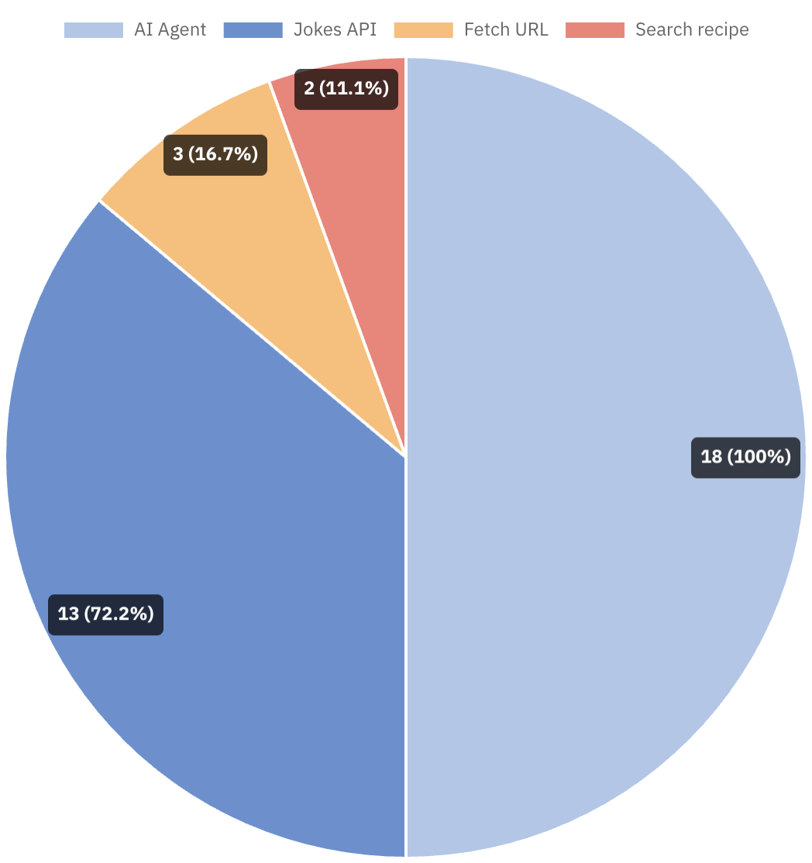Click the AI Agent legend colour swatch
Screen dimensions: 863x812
(93, 30)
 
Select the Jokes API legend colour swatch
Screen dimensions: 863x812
(253, 30)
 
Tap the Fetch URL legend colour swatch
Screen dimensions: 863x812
(423, 30)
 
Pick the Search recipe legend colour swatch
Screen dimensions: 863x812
(594, 30)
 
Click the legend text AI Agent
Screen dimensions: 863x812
(170, 30)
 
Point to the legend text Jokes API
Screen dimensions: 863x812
(335, 30)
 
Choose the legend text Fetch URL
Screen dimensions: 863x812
(506, 30)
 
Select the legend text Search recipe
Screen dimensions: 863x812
(692, 30)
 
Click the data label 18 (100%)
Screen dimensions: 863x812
(745, 457)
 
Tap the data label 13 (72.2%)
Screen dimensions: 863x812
(105, 614)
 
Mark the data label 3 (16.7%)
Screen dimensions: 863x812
(215, 154)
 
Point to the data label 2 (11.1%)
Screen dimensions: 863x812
(346, 88)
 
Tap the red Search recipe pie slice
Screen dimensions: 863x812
(364, 194)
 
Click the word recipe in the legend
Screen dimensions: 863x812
(722, 30)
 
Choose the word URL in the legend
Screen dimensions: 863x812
(531, 30)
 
